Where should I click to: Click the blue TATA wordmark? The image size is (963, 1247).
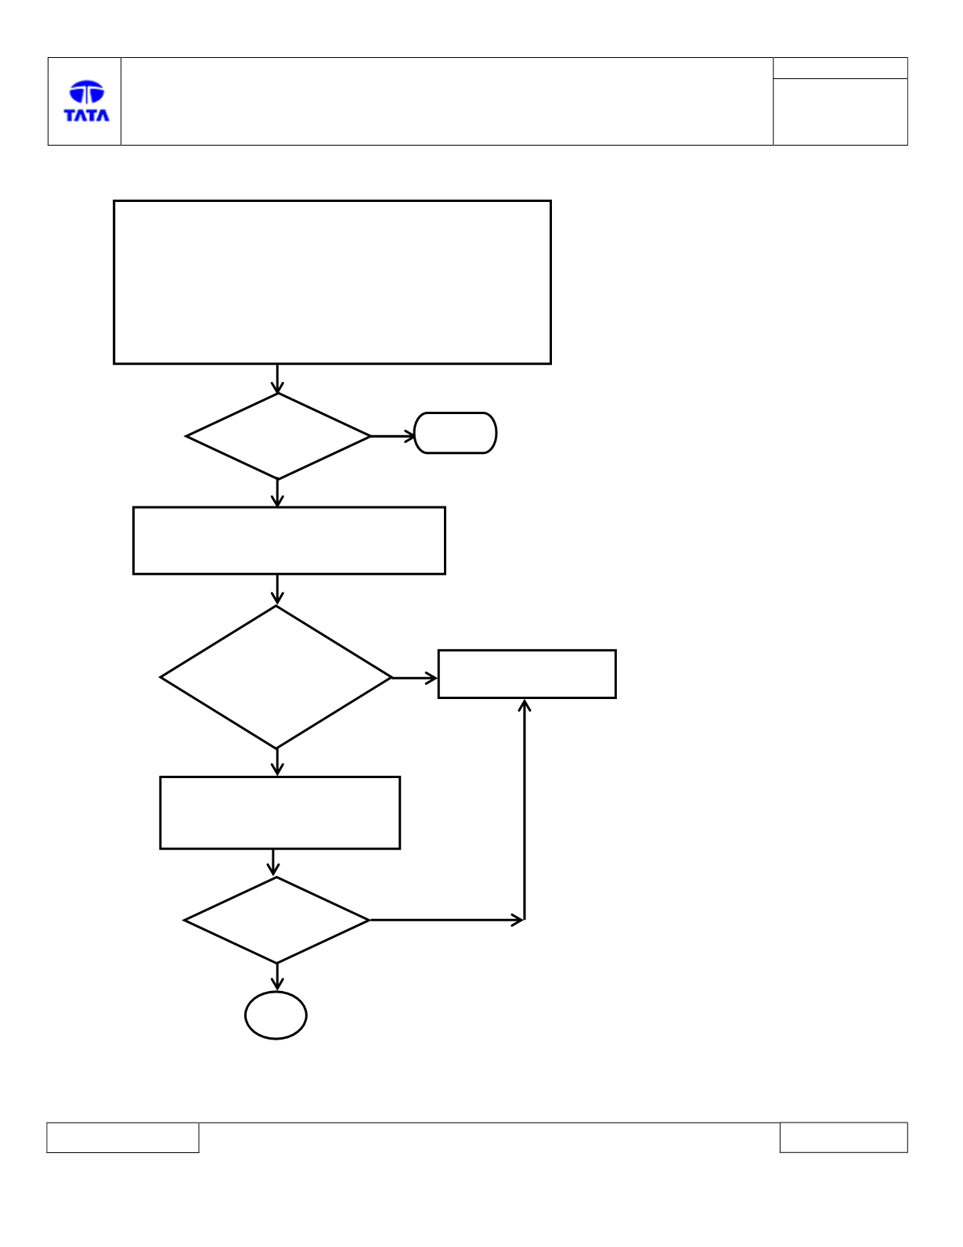point(87,115)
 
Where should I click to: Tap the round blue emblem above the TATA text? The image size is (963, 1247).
point(87,92)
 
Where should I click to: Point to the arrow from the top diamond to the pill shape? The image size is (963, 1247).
point(392,436)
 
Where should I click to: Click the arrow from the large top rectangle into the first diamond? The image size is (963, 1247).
point(277,379)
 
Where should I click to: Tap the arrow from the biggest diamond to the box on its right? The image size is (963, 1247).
point(414,678)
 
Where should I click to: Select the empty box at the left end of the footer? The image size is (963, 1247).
point(123,1137)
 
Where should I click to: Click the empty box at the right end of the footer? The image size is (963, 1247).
point(844,1137)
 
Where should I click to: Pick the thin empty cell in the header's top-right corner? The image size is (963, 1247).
point(840,68)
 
